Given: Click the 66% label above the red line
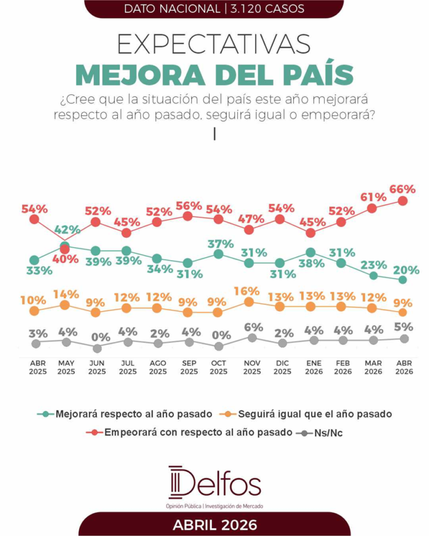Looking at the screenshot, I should point(403,187).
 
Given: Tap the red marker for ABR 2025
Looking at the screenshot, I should point(35,219).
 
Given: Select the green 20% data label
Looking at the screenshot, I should point(407,270).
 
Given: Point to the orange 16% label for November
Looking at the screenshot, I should point(249,290).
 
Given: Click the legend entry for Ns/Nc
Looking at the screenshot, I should point(327,432).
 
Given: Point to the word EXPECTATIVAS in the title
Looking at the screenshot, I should point(214,47).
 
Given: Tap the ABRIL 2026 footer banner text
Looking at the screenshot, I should point(214,526).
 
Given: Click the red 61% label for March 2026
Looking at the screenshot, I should point(374,197).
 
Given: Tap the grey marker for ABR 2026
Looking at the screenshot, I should point(404,339).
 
